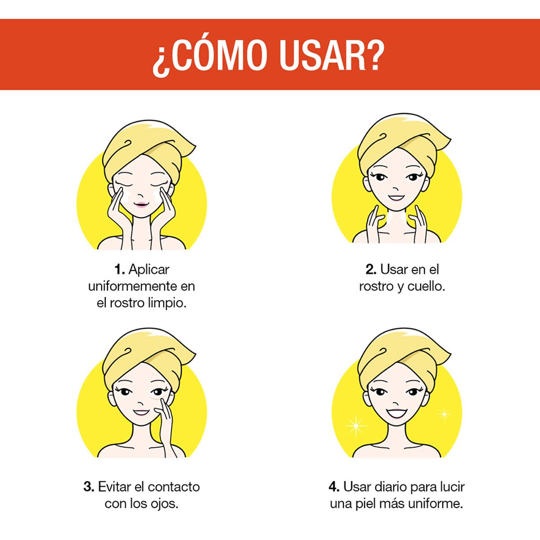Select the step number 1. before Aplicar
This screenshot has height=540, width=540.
[119, 270]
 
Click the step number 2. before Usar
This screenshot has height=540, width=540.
[371, 270]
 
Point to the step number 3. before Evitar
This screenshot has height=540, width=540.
[89, 487]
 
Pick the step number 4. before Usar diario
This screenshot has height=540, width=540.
[334, 487]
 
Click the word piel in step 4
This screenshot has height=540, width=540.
[381, 503]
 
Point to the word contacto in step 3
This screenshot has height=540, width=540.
[174, 487]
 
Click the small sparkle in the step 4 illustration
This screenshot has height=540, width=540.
[444, 413]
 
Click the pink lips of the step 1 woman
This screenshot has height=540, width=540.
[141, 204]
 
